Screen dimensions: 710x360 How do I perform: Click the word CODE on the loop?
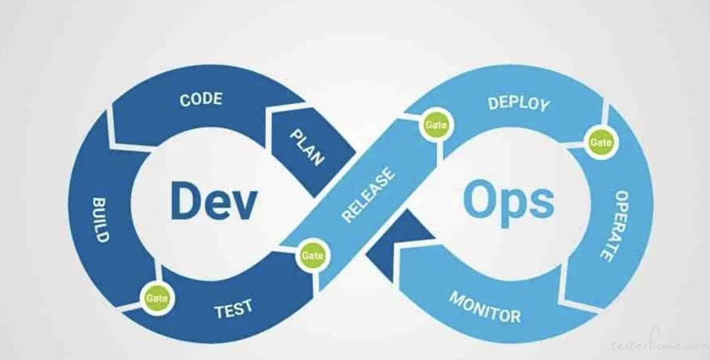[201, 99]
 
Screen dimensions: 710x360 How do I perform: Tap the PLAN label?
[307, 148]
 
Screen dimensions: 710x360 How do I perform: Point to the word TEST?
[234, 309]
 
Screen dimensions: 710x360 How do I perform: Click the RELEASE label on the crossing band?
[369, 195]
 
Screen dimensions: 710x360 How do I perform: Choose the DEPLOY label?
[519, 104]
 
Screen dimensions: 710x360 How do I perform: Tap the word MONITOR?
[485, 307]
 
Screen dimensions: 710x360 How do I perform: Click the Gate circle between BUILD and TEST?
[157, 298]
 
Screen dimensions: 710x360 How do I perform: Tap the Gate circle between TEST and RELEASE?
[313, 255]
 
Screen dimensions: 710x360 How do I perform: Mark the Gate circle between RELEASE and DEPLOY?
[436, 125]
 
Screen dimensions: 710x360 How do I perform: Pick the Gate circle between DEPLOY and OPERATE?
[601, 142]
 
